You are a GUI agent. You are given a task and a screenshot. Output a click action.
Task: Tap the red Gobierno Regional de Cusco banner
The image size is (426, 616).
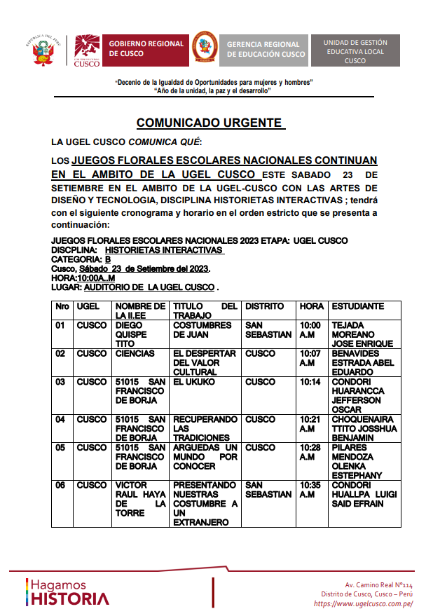[x=145, y=48]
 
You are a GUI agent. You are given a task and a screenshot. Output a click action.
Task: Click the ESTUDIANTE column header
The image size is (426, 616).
[x=357, y=306]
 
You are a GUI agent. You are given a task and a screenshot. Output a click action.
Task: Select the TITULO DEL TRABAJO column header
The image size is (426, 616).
[x=205, y=311]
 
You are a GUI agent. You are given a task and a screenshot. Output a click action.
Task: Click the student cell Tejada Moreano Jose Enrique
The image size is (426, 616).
[x=362, y=334]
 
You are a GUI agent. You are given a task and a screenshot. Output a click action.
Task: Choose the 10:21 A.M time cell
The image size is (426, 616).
[x=310, y=424]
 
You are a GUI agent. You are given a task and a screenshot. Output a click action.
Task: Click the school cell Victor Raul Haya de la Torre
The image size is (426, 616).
[x=140, y=499]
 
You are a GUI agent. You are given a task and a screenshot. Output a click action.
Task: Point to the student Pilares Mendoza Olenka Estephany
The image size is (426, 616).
[x=357, y=461]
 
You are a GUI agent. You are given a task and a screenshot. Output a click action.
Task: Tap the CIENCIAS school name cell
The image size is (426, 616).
[x=135, y=354]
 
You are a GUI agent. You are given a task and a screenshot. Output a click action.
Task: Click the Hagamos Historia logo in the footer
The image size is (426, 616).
[x=67, y=591]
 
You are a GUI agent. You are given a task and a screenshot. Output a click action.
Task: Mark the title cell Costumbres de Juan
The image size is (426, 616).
[x=202, y=330]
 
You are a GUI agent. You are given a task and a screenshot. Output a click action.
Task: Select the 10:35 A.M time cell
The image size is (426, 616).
[x=310, y=490]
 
